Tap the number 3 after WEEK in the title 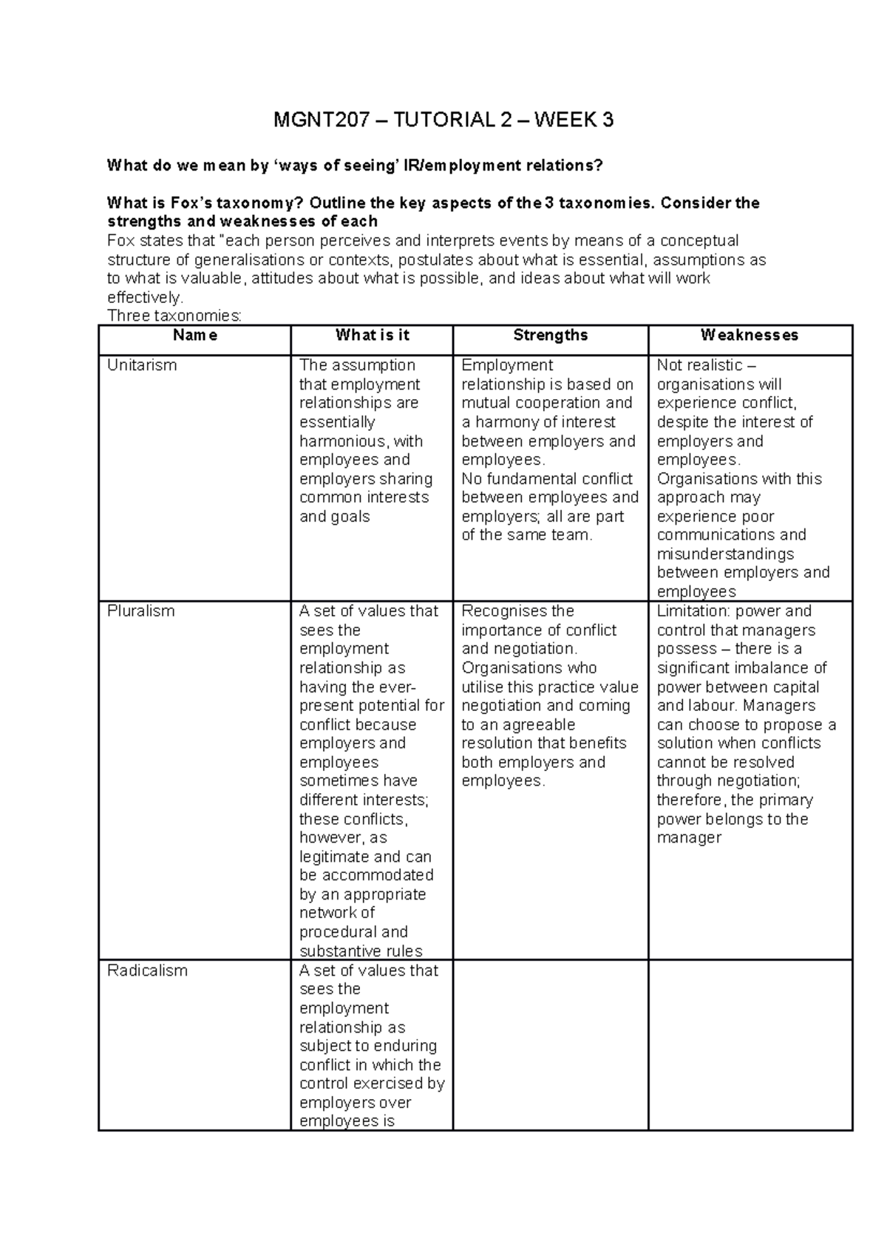[x=608, y=120]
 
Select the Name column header [x=194, y=335]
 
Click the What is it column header [x=372, y=335]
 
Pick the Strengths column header [x=551, y=335]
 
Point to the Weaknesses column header [x=750, y=335]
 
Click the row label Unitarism [x=142, y=365]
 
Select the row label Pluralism [x=140, y=611]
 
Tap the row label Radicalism [x=147, y=970]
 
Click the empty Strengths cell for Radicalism [x=551, y=1044]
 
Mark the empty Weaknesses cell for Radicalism [x=750, y=1044]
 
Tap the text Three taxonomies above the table [x=174, y=316]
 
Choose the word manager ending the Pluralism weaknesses [x=689, y=838]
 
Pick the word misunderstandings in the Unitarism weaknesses [x=725, y=554]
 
